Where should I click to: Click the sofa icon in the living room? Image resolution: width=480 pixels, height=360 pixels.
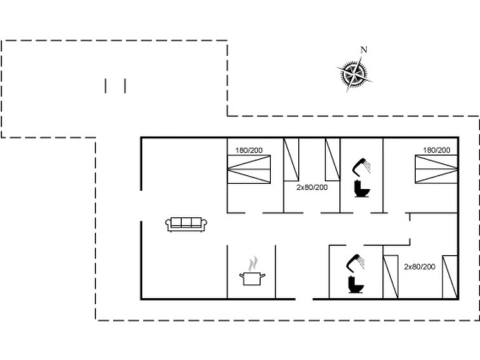[x=186, y=225]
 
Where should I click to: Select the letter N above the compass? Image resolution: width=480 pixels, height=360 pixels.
[x=364, y=50]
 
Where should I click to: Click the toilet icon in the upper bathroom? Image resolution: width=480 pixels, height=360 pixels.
[x=362, y=189]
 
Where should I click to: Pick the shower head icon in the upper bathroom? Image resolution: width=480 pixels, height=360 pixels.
[x=362, y=167]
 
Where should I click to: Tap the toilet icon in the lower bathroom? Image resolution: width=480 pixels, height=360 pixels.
[x=356, y=285]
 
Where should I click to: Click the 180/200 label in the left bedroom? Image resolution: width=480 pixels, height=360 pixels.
[x=249, y=150]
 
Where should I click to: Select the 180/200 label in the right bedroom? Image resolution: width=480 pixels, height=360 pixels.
[x=437, y=150]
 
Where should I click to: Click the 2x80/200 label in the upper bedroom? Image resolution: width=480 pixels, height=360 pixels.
[x=312, y=187]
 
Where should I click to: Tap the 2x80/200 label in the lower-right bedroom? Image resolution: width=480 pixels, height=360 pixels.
[x=420, y=267]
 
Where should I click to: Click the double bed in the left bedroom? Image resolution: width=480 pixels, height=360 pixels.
[x=249, y=169]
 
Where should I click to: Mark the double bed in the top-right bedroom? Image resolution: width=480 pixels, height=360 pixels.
[x=436, y=169]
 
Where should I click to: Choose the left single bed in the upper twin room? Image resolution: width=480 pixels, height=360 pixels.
[x=291, y=159]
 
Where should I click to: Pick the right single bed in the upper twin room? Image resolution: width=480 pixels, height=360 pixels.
[x=333, y=159]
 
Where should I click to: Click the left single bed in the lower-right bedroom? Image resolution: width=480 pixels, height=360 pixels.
[x=391, y=277]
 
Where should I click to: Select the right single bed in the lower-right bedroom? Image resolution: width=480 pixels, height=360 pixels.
[x=450, y=277]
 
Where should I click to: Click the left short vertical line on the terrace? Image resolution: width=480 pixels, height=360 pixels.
[x=106, y=86]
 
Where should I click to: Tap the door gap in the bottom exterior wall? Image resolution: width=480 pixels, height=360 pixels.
[x=304, y=299]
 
